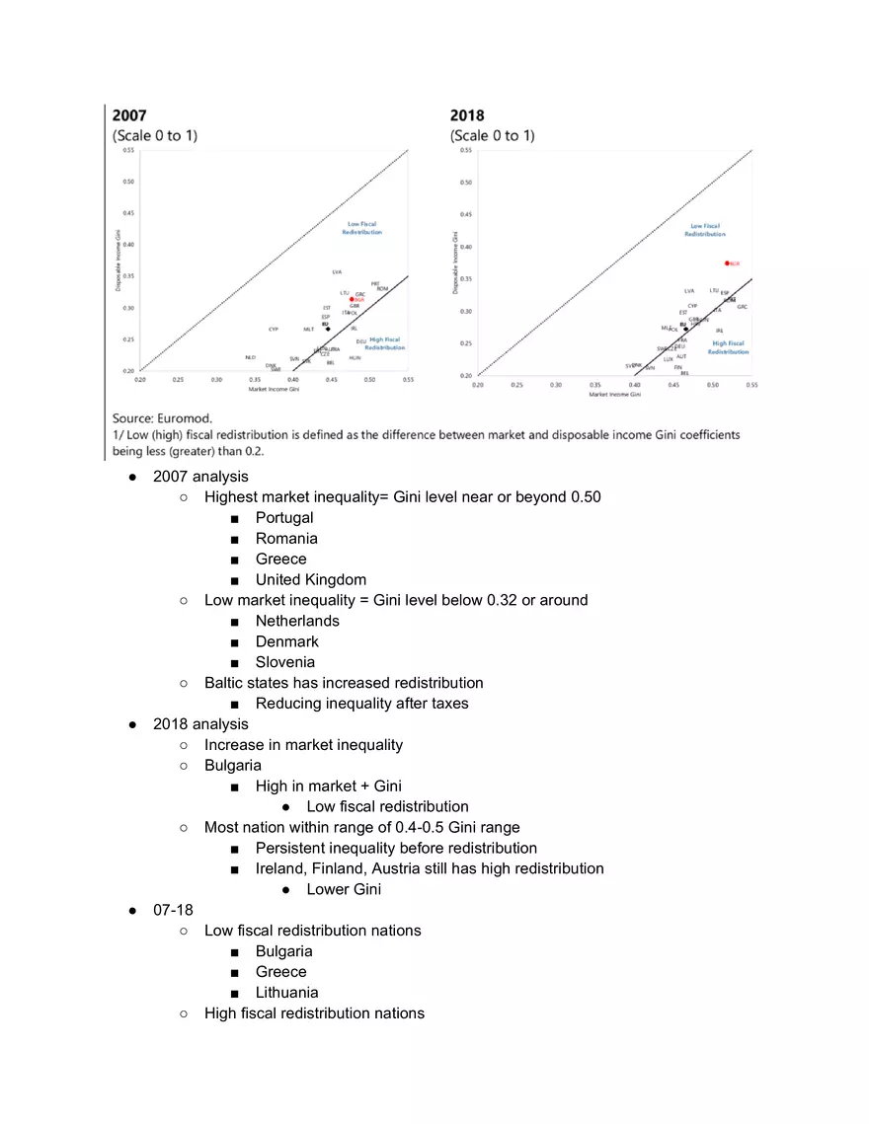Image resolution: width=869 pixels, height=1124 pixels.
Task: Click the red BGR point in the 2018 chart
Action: click(x=727, y=263)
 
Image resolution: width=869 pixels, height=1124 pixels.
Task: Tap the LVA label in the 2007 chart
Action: click(x=337, y=271)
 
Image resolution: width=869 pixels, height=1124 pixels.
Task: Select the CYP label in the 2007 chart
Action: click(x=274, y=329)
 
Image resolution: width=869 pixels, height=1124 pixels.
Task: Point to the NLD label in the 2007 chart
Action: click(x=251, y=357)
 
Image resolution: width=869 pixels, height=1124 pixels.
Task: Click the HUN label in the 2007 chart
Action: click(x=355, y=357)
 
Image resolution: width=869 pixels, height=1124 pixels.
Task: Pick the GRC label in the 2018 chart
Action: click(x=742, y=307)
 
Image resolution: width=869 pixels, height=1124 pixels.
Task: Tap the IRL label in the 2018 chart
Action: click(x=720, y=331)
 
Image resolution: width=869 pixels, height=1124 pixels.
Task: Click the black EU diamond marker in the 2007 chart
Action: click(x=328, y=329)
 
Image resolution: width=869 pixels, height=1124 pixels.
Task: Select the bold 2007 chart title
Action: click(x=130, y=115)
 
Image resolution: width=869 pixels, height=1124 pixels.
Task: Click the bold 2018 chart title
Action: click(x=467, y=115)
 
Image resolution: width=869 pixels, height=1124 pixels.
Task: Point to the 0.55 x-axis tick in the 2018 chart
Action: click(x=751, y=385)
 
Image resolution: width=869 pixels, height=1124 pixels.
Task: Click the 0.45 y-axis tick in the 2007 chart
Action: click(x=128, y=213)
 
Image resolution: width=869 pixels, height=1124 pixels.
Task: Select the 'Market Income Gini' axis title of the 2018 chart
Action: click(x=614, y=394)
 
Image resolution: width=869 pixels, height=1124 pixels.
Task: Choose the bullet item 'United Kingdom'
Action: click(x=310, y=579)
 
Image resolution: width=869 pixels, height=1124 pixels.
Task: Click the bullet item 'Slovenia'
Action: click(x=284, y=662)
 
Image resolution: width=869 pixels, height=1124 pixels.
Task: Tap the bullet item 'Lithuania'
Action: click(x=286, y=993)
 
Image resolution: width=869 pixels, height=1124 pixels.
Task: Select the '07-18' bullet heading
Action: click(x=173, y=910)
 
